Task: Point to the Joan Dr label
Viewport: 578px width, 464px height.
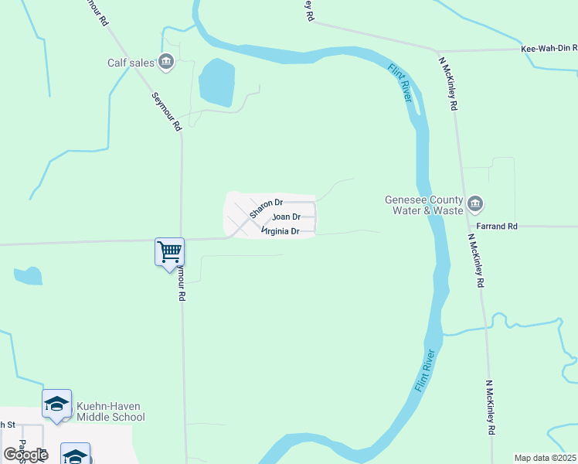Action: pos(286,217)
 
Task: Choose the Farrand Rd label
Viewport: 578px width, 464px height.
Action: pos(498,227)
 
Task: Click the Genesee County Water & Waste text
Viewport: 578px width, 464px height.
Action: pos(424,205)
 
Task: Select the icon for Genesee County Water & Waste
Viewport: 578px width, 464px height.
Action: pos(475,204)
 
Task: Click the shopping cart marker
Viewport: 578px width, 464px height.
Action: pos(169,251)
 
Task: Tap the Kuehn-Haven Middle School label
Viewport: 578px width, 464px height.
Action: pos(110,411)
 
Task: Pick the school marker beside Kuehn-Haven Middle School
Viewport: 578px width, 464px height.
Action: pos(56,404)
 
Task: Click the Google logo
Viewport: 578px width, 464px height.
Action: pos(26,454)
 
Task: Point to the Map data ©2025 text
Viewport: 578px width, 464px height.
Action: pos(545,458)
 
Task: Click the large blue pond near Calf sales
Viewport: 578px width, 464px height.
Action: pos(216,82)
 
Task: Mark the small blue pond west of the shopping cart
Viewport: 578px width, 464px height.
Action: pos(29,276)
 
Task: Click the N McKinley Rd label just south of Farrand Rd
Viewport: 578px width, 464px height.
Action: pos(474,260)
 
